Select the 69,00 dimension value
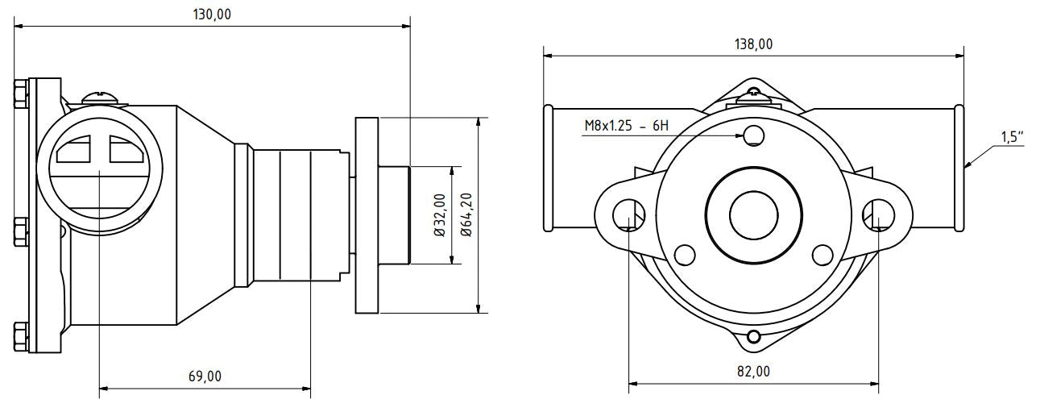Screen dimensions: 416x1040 click(x=205, y=376)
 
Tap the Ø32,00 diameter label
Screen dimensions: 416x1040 click(x=439, y=215)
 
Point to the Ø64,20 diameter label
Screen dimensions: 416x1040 click(x=466, y=215)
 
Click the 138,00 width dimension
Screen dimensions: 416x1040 click(x=753, y=44)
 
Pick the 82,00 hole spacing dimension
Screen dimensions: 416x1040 click(x=753, y=372)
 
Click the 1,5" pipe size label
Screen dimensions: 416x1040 click(x=1012, y=137)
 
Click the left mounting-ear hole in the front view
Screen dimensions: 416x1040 click(x=628, y=215)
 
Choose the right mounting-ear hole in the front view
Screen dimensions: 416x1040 click(x=878, y=215)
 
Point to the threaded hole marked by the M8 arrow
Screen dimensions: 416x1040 click(x=754, y=135)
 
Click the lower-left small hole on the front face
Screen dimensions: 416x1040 click(x=685, y=255)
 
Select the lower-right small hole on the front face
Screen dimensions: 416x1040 click(x=822, y=255)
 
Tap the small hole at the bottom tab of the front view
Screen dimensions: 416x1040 click(x=754, y=336)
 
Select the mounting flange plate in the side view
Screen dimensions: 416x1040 click(x=366, y=215)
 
